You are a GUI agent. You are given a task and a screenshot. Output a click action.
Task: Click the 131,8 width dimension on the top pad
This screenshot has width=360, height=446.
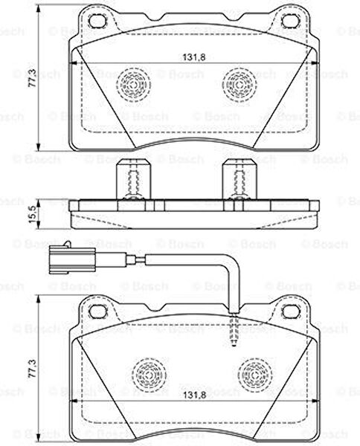point(194,57)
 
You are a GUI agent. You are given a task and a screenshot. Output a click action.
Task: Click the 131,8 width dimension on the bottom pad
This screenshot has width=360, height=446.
point(194,395)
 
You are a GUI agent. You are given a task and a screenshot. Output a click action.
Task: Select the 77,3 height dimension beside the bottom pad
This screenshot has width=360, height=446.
point(32,369)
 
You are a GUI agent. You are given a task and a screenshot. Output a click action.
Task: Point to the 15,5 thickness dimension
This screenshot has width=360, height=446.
point(33,214)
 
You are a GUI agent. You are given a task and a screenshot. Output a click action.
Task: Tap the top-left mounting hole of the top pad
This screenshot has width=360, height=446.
point(98,21)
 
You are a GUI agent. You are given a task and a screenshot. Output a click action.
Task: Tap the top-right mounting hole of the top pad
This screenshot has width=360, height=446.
point(290,21)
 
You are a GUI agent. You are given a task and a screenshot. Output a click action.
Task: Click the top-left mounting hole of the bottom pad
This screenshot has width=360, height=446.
point(98,311)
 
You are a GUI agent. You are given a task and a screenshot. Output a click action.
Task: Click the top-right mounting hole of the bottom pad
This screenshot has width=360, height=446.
point(291,311)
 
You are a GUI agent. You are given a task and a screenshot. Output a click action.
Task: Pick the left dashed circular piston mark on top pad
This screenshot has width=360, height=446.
point(133,85)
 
